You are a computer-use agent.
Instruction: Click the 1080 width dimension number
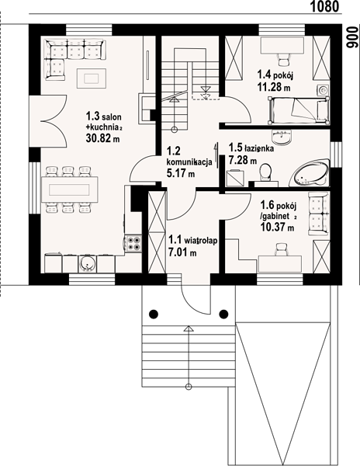pyautogui.click(x=324, y=6)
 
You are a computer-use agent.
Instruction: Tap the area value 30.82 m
pyautogui.click(x=102, y=138)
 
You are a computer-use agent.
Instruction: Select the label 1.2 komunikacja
pyautogui.click(x=189, y=156)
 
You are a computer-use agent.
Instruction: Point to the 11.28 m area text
pyautogui.click(x=274, y=88)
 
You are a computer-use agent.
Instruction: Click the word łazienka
pyautogui.click(x=259, y=148)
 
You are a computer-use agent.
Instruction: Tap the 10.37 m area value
pyautogui.click(x=277, y=228)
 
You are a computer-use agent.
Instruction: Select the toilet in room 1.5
pyautogui.click(x=265, y=172)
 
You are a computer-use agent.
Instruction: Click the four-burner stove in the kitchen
pyautogui.click(x=133, y=243)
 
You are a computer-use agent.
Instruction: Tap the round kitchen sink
pyautogui.click(x=87, y=263)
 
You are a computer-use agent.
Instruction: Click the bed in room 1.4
pyautogui.click(x=298, y=110)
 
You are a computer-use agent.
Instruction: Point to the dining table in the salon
pyautogui.click(x=70, y=190)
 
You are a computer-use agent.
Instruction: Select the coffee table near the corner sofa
pyautogui.click(x=92, y=78)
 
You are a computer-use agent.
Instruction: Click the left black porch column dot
pyautogui.click(x=154, y=313)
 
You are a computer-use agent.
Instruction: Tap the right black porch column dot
pyautogui.click(x=223, y=313)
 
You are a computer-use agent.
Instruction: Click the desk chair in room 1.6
pyautogui.click(x=281, y=249)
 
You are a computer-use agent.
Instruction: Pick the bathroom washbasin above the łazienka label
pyautogui.click(x=282, y=136)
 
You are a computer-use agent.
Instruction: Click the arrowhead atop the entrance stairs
pyautogui.click(x=189, y=328)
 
